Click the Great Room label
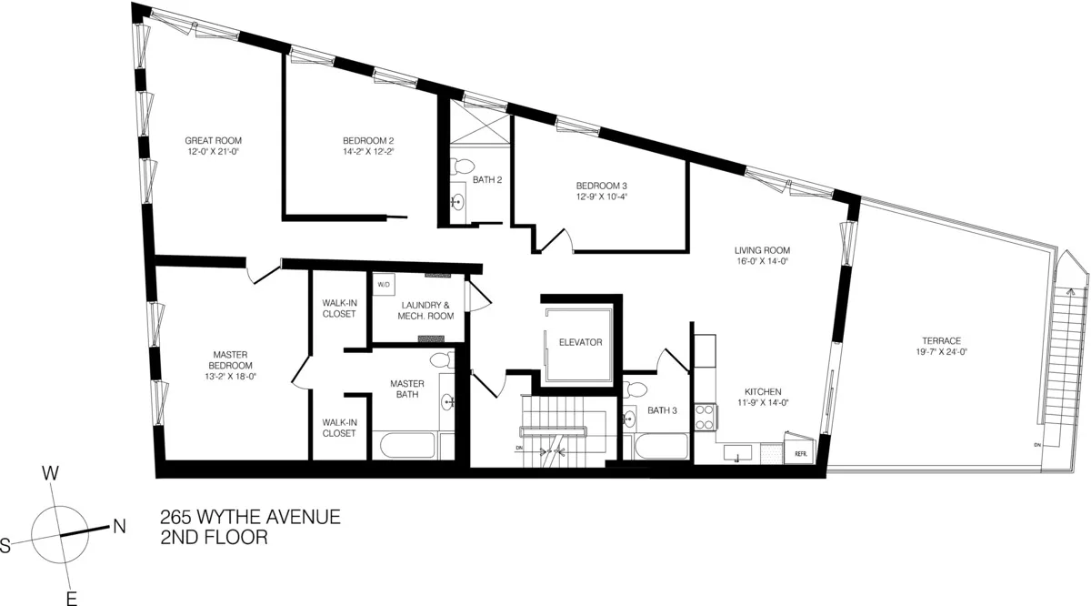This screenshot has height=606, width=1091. tap(213, 140)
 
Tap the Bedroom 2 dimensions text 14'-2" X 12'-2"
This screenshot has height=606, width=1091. tap(367, 152)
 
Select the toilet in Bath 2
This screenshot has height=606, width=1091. tap(463, 167)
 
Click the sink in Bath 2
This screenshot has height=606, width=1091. tap(457, 202)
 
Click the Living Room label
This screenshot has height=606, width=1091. tap(762, 250)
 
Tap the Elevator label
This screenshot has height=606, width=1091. tap(581, 342)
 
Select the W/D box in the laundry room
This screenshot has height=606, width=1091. tap(383, 284)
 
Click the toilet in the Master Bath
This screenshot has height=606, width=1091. tap(442, 360)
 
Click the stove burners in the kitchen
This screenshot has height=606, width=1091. tap(705, 418)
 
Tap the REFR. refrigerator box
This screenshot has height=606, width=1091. tap(801, 452)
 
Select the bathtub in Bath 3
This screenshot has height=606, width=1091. tap(661, 447)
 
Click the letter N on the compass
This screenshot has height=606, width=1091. tap(117, 525)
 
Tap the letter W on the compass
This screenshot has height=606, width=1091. tap(51, 473)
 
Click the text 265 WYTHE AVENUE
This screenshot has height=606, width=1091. tap(250, 518)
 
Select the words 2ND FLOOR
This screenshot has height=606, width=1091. tap(213, 539)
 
